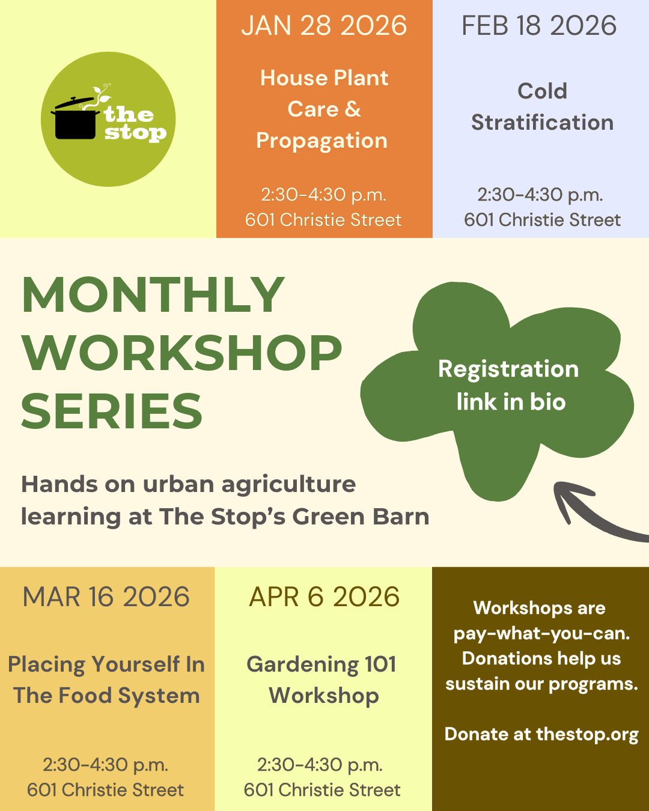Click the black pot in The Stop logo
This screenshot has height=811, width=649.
(75, 120)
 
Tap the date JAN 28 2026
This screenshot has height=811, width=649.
(324, 26)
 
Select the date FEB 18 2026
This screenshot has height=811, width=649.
(539, 26)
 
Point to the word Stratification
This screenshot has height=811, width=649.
(542, 123)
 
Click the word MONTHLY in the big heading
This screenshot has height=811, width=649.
(153, 295)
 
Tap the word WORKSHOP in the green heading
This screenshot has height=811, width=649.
(181, 353)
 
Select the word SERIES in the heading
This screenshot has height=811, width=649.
(112, 411)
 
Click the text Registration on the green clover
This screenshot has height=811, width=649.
(508, 369)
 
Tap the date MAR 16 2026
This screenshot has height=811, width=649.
(106, 597)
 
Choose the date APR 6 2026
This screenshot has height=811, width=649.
(324, 597)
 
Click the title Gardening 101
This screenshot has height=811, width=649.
(321, 664)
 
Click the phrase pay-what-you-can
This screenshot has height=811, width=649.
(541, 634)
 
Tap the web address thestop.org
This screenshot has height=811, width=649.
(587, 735)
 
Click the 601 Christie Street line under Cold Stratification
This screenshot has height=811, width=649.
(542, 220)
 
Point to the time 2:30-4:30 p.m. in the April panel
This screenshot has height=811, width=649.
(320, 765)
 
